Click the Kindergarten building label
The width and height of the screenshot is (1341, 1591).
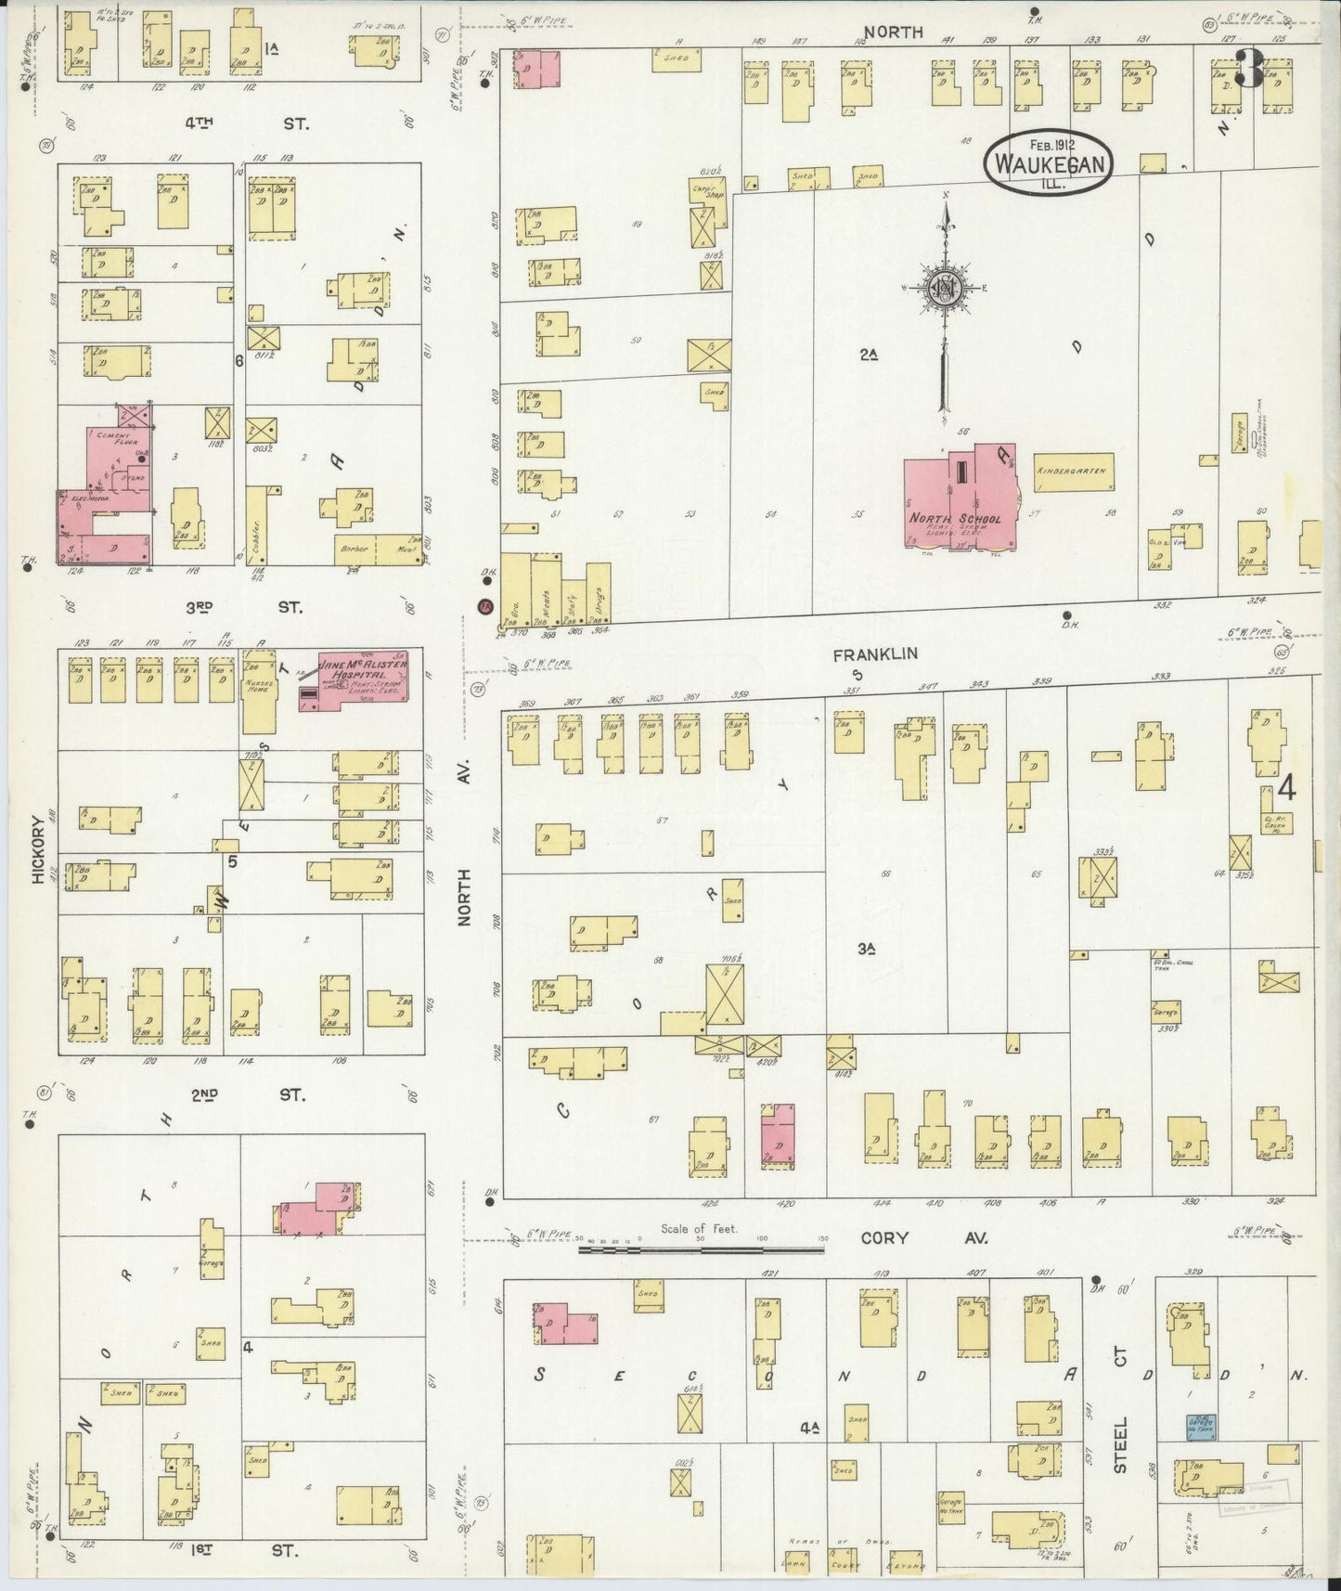tap(1073, 472)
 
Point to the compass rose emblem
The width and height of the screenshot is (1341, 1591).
tap(944, 289)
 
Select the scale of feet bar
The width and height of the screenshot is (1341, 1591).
tap(701, 1249)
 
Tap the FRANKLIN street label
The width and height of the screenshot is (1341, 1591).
tap(861, 653)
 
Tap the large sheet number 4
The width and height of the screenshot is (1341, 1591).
tap(1286, 788)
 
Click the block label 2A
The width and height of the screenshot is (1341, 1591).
tap(868, 354)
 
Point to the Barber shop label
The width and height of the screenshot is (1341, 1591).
tap(356, 549)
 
